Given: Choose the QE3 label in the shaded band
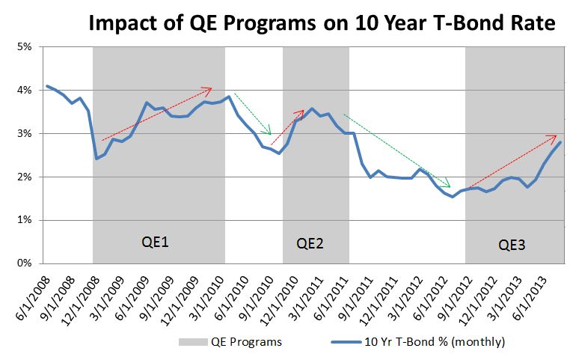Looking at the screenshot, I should pos(512,244).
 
